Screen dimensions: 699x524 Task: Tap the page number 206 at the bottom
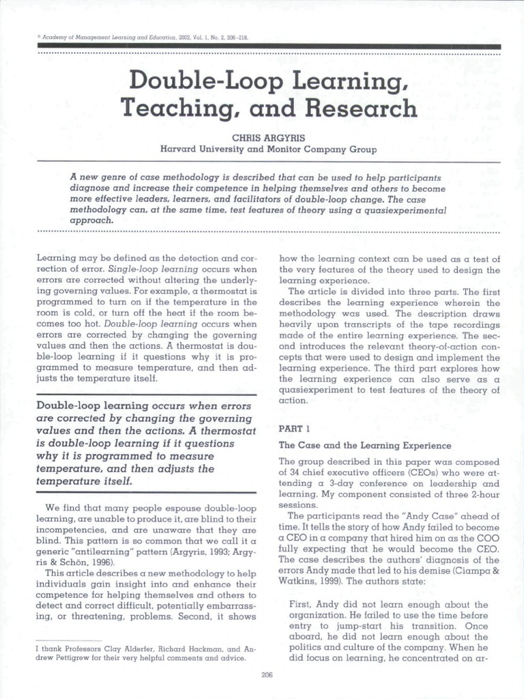pos(267,675)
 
